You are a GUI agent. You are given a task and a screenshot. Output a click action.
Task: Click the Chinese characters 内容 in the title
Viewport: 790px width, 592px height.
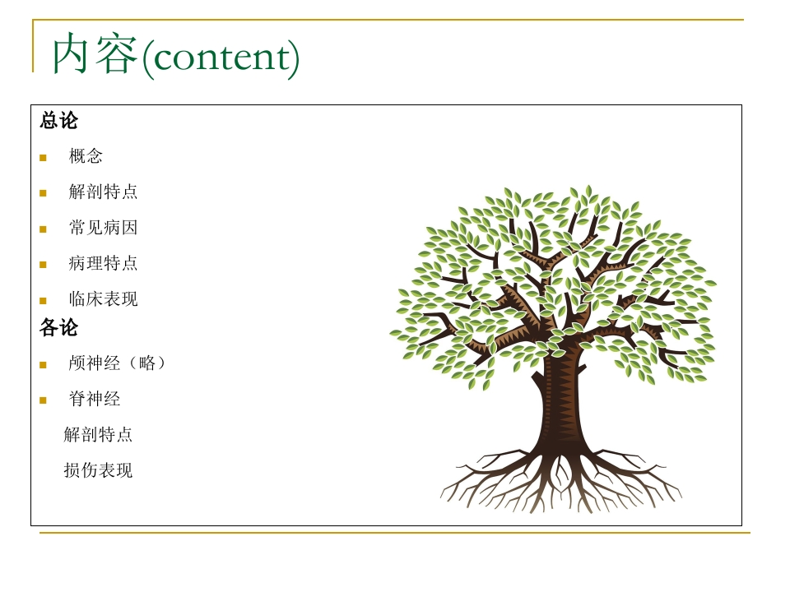[95, 53]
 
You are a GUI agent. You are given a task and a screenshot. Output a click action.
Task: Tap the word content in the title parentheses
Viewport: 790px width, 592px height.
[221, 57]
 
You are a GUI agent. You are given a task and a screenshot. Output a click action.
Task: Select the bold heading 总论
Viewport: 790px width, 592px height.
[59, 121]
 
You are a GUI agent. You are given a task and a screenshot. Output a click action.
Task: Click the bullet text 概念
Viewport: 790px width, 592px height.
[86, 156]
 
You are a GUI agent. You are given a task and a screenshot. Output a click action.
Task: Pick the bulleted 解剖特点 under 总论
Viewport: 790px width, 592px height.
[104, 192]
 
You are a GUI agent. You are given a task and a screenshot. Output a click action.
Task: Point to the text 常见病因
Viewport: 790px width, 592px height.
[104, 228]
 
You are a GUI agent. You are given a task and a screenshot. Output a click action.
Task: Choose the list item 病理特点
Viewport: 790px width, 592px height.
[104, 263]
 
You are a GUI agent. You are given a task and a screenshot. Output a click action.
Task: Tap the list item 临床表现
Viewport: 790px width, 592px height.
[104, 299]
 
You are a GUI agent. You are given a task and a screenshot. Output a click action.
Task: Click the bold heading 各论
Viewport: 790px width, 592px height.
[59, 328]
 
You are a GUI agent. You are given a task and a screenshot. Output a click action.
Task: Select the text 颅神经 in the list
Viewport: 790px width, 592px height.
[94, 363]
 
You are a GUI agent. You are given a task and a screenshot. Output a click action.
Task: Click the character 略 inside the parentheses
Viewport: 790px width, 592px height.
[147, 363]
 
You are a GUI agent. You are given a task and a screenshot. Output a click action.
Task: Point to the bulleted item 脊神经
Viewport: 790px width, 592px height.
[94, 400]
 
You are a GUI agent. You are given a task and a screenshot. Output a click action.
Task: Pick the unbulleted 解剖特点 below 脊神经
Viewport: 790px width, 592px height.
[98, 434]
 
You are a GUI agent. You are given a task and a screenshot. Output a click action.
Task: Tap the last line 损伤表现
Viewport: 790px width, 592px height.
[98, 470]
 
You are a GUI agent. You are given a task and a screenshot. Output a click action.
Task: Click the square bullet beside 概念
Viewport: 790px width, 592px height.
[43, 158]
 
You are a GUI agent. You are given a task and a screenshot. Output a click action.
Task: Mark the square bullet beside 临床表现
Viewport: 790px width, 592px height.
[43, 301]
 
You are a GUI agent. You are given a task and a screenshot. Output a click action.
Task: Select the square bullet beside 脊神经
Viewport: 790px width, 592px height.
[43, 400]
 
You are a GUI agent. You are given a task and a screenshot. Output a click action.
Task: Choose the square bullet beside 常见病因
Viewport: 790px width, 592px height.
[43, 229]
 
